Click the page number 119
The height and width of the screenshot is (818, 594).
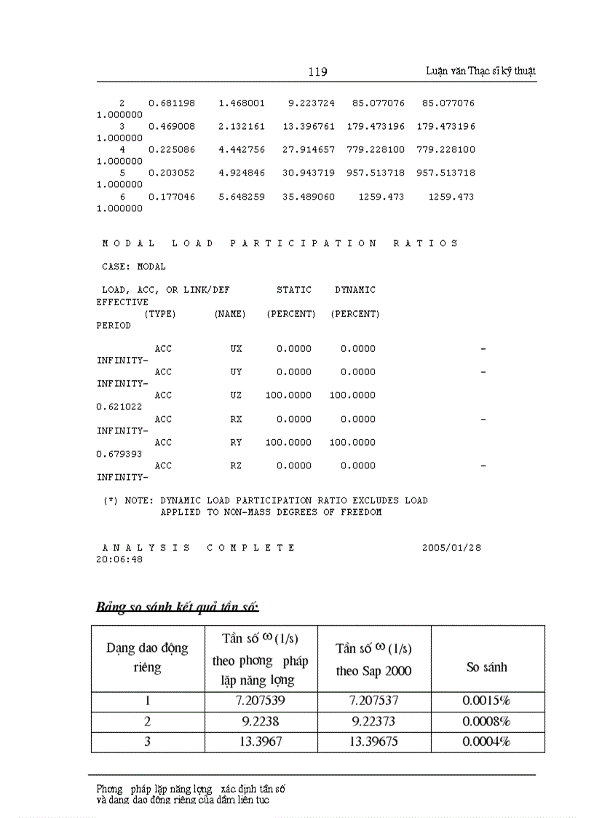317,71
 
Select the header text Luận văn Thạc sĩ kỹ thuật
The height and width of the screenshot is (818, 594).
480,71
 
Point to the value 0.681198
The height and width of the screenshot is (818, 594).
172,103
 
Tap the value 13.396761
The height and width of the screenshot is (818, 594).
309,127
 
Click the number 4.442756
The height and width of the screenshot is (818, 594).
242,150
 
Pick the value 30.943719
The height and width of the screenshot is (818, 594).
309,173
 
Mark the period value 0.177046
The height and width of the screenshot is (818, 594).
172,197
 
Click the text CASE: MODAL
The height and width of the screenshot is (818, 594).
134,267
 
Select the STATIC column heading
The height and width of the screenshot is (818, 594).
294,290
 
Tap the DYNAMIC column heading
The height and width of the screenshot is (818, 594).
355,290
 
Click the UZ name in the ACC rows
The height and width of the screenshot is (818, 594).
236,396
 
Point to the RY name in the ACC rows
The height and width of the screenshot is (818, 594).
236,442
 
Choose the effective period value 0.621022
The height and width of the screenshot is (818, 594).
119,407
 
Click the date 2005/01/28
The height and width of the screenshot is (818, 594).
451,548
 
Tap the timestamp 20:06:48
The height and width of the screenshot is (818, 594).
119,559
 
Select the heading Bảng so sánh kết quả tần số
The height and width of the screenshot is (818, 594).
178,607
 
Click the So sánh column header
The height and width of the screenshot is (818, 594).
487,666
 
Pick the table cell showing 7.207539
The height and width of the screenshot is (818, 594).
261,701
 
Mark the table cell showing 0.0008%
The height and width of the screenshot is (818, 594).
487,721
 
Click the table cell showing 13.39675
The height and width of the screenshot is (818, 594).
374,742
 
